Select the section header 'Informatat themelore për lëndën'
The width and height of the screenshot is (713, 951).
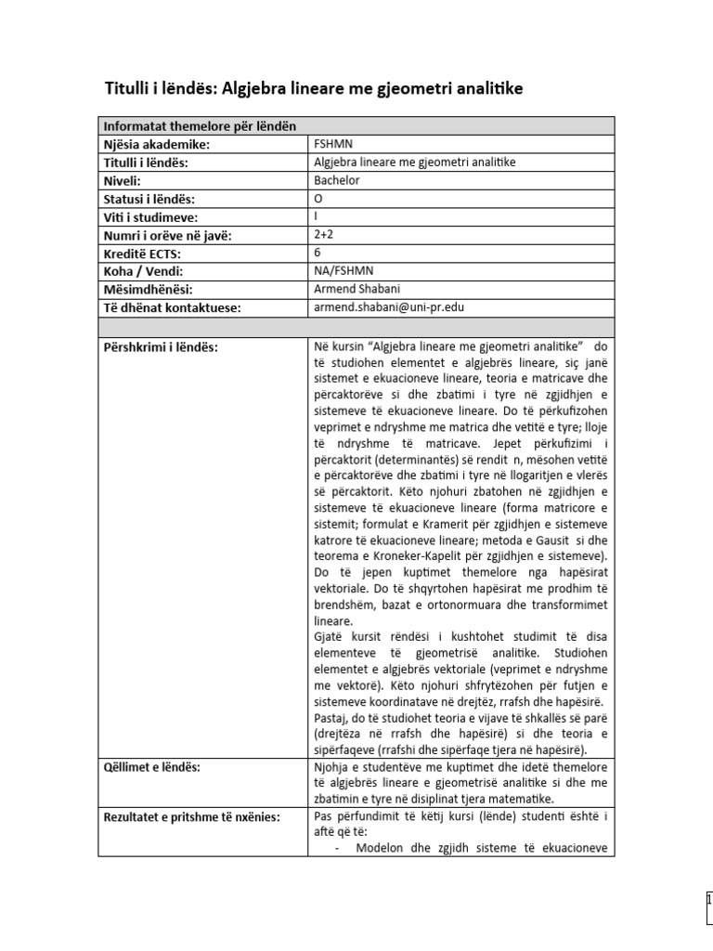[200, 127]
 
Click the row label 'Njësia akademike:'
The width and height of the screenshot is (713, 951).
[156, 145]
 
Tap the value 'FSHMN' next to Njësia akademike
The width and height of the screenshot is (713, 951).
[333, 145]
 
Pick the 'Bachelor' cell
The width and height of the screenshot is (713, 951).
[337, 180]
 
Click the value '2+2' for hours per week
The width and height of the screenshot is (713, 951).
[326, 234]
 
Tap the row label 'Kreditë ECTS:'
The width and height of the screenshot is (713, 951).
[142, 253]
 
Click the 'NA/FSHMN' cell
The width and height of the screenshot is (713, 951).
[344, 270]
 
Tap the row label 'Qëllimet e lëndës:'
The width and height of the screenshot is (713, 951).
[151, 766]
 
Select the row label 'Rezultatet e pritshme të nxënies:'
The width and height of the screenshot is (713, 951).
[197, 816]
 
